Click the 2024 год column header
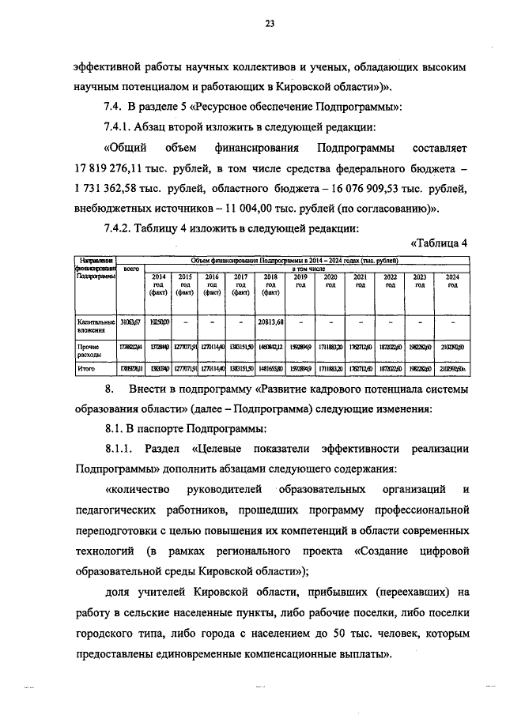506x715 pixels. (x=452, y=280)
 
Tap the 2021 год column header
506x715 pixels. (x=360, y=280)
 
